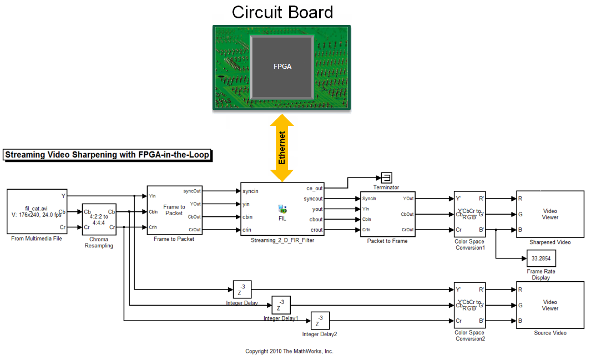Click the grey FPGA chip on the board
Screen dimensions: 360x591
pos(282,67)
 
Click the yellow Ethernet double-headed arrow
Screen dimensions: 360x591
pos(282,148)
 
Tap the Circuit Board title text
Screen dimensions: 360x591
pos(282,12)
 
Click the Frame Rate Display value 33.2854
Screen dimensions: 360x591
pos(541,258)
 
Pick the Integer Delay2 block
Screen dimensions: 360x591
pos(320,321)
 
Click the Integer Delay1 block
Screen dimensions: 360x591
pos(281,305)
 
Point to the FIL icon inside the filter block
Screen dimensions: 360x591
pos(282,210)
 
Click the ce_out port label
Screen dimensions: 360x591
pos(314,189)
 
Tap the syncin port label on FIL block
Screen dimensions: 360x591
pos(251,191)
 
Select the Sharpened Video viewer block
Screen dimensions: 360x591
pos(550,214)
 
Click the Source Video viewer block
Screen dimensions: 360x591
pos(550,305)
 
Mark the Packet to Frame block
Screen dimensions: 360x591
pos(387,214)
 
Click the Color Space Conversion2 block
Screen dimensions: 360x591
pos(469,305)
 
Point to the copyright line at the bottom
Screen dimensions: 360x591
pos(289,351)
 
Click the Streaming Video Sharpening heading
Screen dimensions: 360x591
pos(107,155)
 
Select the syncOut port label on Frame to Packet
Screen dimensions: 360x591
pos(192,191)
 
